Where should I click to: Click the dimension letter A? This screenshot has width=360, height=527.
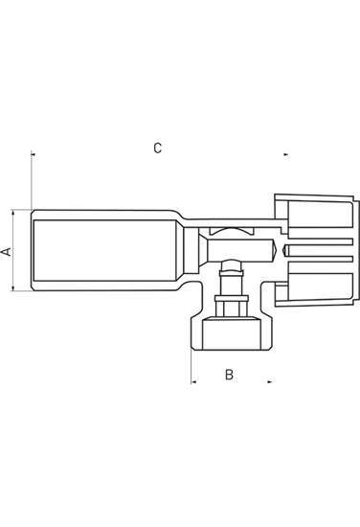pos(7,251)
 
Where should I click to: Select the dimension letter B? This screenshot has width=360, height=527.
pos(229,375)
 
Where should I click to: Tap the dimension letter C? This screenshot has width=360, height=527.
pos(158,148)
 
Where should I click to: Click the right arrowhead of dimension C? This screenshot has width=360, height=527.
pos(285,153)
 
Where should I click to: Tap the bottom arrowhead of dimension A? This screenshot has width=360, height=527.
pos(13,289)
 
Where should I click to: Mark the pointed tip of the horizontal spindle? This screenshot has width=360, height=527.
pos(280,251)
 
